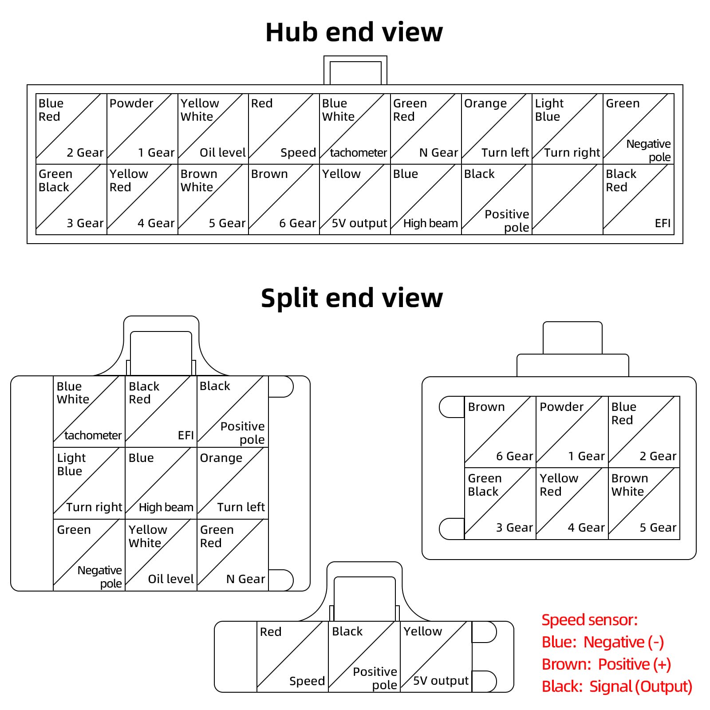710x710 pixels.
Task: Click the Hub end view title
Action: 354,32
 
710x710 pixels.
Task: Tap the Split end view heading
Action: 351,298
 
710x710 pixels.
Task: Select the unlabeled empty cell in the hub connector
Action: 568,199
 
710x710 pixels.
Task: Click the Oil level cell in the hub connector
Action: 213,129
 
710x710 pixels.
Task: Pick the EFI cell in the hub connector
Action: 639,199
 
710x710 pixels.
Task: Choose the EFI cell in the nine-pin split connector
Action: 161,411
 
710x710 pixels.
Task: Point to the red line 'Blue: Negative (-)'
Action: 603,642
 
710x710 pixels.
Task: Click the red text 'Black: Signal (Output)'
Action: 617,686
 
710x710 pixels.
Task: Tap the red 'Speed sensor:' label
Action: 590,620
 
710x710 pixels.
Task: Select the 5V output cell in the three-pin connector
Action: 436,656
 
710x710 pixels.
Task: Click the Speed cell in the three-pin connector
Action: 293,656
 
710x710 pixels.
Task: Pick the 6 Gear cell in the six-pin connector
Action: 501,432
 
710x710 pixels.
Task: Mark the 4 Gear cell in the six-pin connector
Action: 572,504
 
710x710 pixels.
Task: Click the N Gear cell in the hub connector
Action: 426,129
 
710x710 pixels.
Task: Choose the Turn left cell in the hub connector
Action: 497,129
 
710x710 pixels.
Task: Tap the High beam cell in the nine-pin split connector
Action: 161,483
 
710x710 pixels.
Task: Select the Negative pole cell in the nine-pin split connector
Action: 89,555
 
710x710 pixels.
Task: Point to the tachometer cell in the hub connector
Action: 355,129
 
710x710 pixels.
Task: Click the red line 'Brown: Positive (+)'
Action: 606,664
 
